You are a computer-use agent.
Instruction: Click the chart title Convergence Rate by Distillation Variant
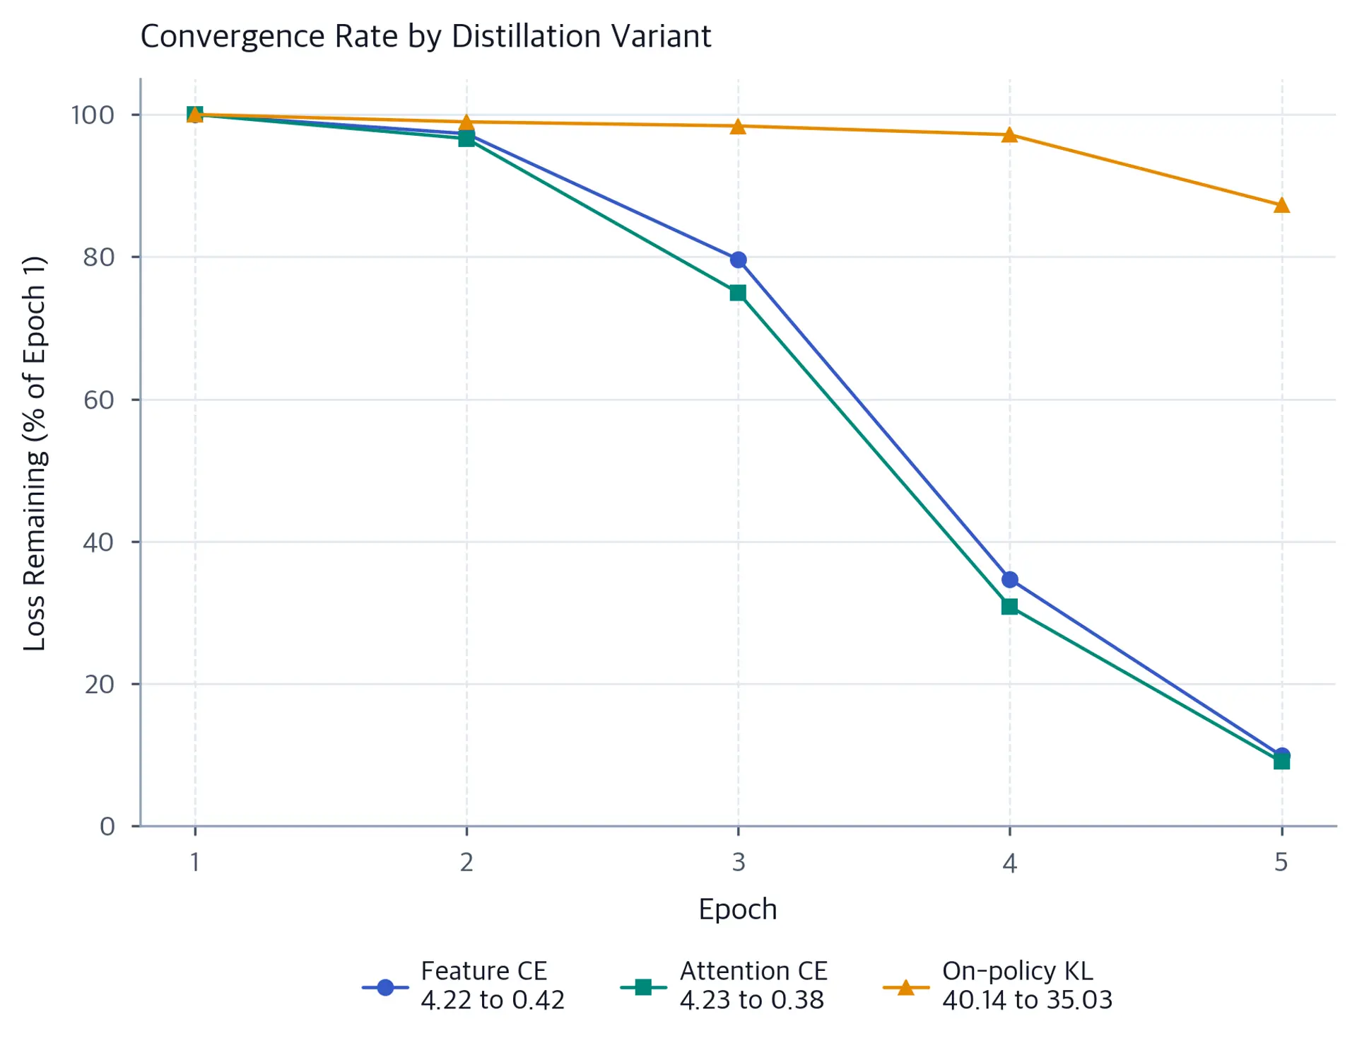pyautogui.click(x=425, y=36)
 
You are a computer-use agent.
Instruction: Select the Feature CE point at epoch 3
pyautogui.click(x=738, y=260)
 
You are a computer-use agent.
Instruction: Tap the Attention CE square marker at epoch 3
pyautogui.click(x=738, y=293)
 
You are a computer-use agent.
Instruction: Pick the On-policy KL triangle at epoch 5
pyautogui.click(x=1281, y=205)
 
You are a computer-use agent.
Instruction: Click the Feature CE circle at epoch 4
pyautogui.click(x=1009, y=579)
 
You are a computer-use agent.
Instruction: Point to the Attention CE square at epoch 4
pyautogui.click(x=1009, y=606)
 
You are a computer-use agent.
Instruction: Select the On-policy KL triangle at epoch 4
pyautogui.click(x=1009, y=134)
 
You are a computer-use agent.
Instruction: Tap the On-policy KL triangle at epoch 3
pyautogui.click(x=738, y=126)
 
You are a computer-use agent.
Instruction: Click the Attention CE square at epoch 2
pyautogui.click(x=466, y=139)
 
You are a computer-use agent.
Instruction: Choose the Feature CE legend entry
pyautogui.click(x=464, y=985)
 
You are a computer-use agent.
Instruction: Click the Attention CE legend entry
pyautogui.click(x=724, y=985)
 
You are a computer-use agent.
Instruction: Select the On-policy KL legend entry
pyautogui.click(x=998, y=985)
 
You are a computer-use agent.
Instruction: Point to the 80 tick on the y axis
pyautogui.click(x=98, y=257)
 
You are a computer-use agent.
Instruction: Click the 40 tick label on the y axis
pyautogui.click(x=98, y=542)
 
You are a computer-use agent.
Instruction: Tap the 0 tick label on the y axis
pyautogui.click(x=107, y=826)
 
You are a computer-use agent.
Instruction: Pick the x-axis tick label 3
pyautogui.click(x=738, y=862)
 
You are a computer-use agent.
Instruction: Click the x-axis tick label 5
pyautogui.click(x=1281, y=862)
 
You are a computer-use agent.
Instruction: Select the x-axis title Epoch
pyautogui.click(x=738, y=909)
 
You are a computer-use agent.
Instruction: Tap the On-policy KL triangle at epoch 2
pyautogui.click(x=466, y=122)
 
